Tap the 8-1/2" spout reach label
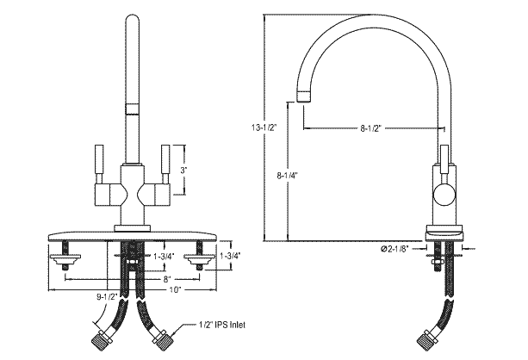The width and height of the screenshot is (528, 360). pyautogui.click(x=371, y=128)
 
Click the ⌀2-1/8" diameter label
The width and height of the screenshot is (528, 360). pyautogui.click(x=398, y=250)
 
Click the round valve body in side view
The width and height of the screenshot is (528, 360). pyautogui.click(x=444, y=196)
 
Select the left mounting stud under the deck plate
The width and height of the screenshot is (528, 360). pyautogui.click(x=62, y=258)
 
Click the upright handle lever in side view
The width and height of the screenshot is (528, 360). pyautogui.click(x=445, y=159)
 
